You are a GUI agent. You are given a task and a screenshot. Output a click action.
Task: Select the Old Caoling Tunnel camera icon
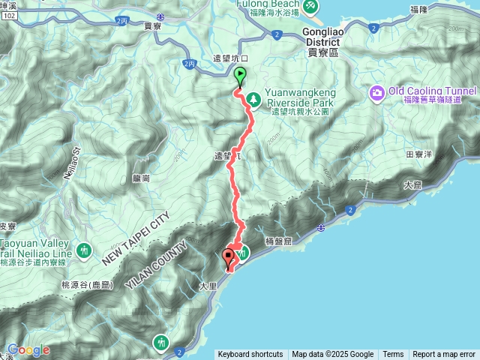coord(376,92)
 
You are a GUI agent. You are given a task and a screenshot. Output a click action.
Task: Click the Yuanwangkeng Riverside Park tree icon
coord(254,97)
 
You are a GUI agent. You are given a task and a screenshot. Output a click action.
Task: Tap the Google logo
coord(28,349)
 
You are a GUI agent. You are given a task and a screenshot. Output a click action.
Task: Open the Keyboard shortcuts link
coord(250,355)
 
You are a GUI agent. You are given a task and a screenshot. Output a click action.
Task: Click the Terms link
coord(393,355)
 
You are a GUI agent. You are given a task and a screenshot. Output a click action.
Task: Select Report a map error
coord(444,355)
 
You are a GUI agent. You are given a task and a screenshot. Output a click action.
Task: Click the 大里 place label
coord(208,286)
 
